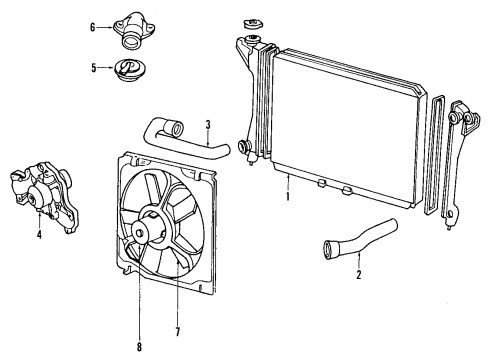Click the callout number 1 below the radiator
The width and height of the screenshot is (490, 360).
click(288, 197)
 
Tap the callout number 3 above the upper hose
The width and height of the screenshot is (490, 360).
click(207, 125)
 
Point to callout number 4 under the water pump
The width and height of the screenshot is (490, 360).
click(39, 236)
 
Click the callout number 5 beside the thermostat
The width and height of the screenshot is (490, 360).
click(92, 69)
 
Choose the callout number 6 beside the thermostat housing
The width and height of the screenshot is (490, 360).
click(92, 28)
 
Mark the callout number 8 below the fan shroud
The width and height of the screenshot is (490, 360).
click(139, 347)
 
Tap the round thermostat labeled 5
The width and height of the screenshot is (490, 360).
click(127, 69)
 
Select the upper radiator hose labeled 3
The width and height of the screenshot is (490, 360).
click(190, 139)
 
